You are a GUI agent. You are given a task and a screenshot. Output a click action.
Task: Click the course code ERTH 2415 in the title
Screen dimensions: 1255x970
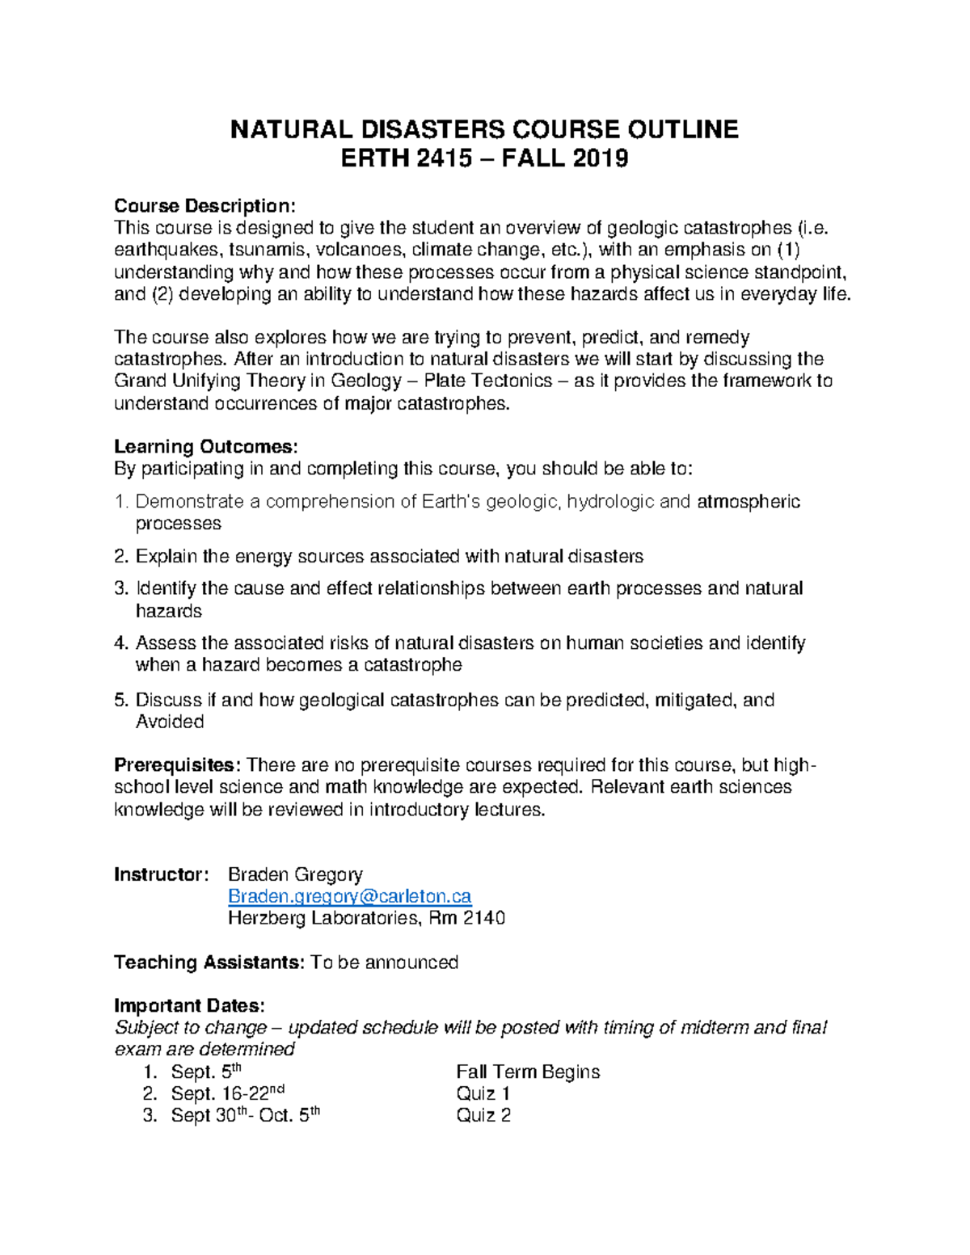[x=406, y=158]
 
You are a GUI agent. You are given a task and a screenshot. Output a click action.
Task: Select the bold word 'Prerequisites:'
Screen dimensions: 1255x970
[x=177, y=765]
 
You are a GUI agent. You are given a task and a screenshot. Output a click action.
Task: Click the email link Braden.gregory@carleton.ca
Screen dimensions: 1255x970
[x=349, y=896]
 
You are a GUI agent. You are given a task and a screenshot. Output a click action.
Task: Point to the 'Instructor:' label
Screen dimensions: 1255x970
[x=162, y=874]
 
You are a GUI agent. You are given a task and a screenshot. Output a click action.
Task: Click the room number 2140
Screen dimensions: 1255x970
[x=484, y=918]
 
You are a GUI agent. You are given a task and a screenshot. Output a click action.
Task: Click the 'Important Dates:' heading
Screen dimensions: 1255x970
[x=189, y=1006]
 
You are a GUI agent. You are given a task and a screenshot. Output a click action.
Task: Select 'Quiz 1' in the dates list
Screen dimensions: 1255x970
[x=483, y=1094]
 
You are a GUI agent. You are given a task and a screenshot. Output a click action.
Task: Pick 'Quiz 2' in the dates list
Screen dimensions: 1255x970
[x=483, y=1116]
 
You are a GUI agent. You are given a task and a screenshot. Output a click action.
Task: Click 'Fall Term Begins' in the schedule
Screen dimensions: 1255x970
[x=527, y=1072]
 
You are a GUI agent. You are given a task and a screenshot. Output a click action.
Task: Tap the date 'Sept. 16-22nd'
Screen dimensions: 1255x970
[x=227, y=1094]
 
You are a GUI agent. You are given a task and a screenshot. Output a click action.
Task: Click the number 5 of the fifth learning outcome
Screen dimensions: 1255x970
[x=120, y=700]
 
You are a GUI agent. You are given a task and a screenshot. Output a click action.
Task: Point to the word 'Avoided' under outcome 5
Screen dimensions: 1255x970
[x=170, y=722]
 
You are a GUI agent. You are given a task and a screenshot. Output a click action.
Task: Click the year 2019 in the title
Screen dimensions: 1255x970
[x=600, y=158]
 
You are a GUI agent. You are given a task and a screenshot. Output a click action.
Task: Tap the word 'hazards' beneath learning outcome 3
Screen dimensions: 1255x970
[x=168, y=611]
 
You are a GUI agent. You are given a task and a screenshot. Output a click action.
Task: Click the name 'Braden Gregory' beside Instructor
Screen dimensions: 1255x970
[x=295, y=874]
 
